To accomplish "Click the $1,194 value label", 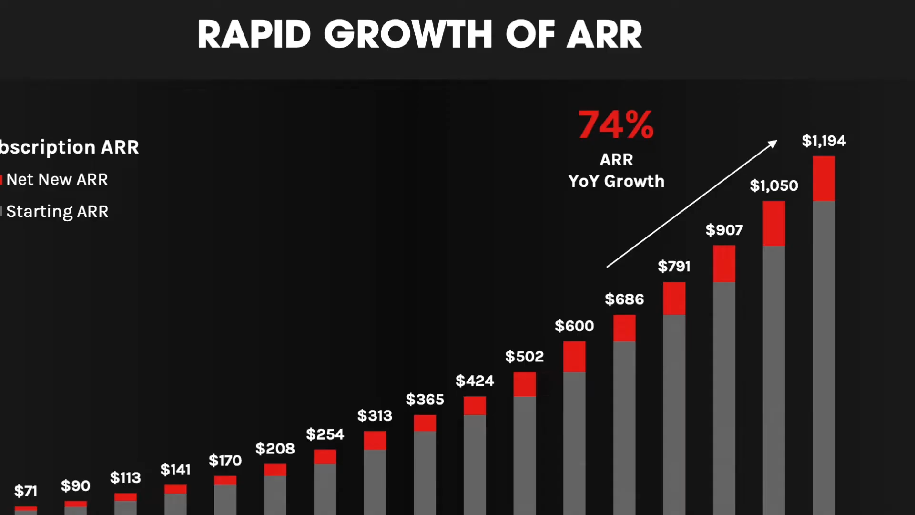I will coord(823,141).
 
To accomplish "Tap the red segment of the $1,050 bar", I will coord(773,223).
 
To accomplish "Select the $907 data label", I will coord(724,230).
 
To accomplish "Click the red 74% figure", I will coord(616,125).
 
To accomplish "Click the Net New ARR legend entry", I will coord(57,180).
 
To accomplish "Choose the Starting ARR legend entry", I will coord(57,211).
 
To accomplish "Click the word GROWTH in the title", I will coord(408,34).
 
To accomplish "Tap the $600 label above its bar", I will coord(574,326).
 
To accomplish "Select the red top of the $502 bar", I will coord(524,384).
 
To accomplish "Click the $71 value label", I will coord(26,491).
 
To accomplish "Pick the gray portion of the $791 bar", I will coord(674,410).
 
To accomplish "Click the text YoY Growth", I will coord(616,181).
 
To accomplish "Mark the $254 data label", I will coord(325,434).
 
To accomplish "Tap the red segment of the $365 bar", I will coord(425,423).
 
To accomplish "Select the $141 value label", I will coord(175,470).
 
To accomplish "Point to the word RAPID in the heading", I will coord(254,34).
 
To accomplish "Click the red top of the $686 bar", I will coord(624,328).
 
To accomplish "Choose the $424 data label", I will coord(475,381).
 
